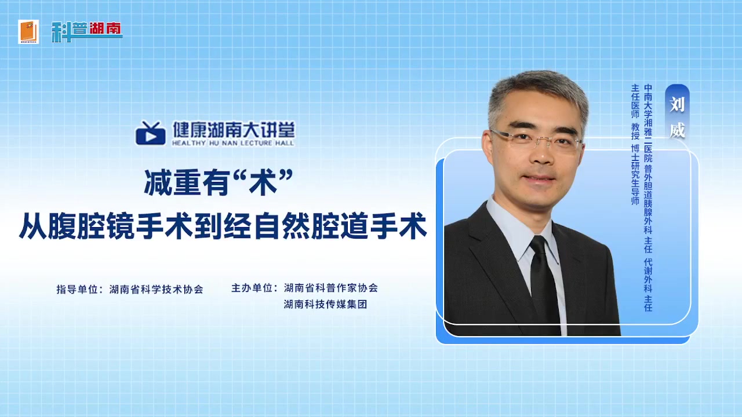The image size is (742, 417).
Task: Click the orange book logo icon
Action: tap(28, 32)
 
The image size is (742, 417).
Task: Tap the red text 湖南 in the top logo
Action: tap(105, 28)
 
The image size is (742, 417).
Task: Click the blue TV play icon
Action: tap(150, 133)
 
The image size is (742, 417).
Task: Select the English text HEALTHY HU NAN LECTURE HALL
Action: tap(233, 143)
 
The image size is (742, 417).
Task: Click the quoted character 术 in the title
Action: tap(263, 182)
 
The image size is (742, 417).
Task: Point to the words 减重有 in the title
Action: tap(187, 182)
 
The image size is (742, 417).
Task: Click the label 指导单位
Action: tap(77, 290)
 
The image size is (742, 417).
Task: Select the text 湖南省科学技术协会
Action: tap(157, 290)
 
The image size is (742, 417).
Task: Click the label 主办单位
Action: tap(252, 288)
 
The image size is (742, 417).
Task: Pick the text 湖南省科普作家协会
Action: tap(330, 288)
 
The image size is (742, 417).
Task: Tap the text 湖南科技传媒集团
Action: tap(325, 304)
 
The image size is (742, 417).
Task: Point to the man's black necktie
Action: tap(543, 281)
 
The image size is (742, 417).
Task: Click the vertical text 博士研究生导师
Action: tap(635, 175)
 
